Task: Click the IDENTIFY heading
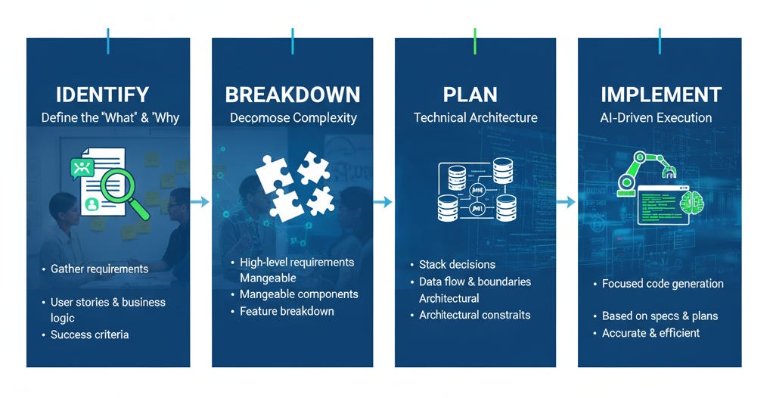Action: pyautogui.click(x=102, y=95)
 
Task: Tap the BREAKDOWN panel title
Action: pyautogui.click(x=293, y=95)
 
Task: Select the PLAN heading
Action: pyautogui.click(x=470, y=95)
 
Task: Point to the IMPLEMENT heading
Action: pyautogui.click(x=661, y=95)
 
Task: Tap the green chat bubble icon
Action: pyautogui.click(x=82, y=168)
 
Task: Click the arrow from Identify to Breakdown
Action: pyautogui.click(x=200, y=201)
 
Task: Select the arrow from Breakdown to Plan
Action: pyautogui.click(x=383, y=201)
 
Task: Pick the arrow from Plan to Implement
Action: pyautogui.click(x=567, y=201)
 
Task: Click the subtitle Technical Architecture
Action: pyautogui.click(x=475, y=117)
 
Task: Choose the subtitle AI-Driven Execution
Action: pyautogui.click(x=656, y=117)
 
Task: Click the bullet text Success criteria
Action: pyautogui.click(x=90, y=334)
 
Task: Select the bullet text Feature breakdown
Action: pyautogui.click(x=287, y=311)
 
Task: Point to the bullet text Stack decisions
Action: pyautogui.click(x=457, y=264)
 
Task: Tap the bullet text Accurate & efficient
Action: pyautogui.click(x=650, y=333)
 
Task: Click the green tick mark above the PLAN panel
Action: pyautogui.click(x=475, y=42)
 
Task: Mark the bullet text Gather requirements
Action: pyautogui.click(x=99, y=269)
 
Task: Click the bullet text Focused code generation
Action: pyautogui.click(x=663, y=284)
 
